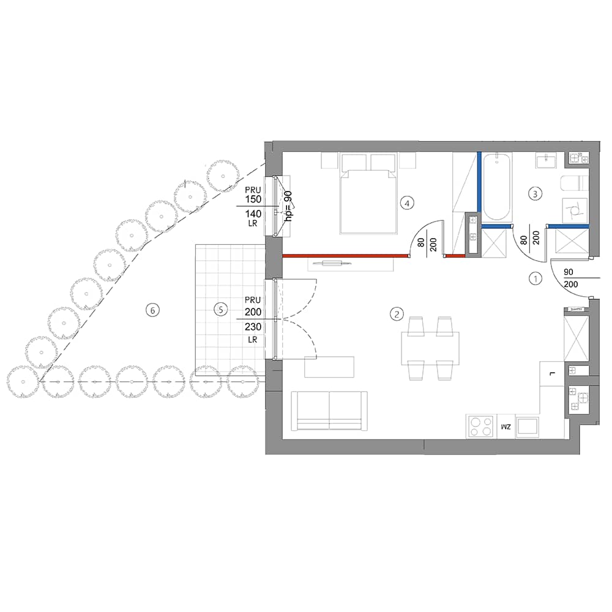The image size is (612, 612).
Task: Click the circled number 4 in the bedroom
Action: [x=407, y=203]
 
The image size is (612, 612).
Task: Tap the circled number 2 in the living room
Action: [x=397, y=314]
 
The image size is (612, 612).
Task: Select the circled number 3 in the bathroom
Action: [x=535, y=193]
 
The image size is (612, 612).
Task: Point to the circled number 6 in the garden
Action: [x=152, y=310]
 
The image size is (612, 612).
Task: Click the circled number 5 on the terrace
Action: [x=221, y=310]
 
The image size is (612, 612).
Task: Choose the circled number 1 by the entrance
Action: [x=535, y=278]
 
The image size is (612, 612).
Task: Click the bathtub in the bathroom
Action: [x=496, y=187]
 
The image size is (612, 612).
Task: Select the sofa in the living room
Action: [x=329, y=411]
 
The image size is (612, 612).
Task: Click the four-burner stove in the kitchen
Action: [x=481, y=427]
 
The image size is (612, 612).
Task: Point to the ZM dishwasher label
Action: [x=506, y=427]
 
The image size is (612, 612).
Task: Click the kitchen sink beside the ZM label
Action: [x=528, y=427]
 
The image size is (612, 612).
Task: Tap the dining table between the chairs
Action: [x=430, y=348]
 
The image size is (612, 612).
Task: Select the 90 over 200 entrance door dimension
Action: [x=570, y=278]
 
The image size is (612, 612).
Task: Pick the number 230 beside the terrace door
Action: [x=253, y=327]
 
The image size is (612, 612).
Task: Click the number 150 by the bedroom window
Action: [x=253, y=199]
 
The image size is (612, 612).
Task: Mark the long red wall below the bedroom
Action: [x=345, y=256]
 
